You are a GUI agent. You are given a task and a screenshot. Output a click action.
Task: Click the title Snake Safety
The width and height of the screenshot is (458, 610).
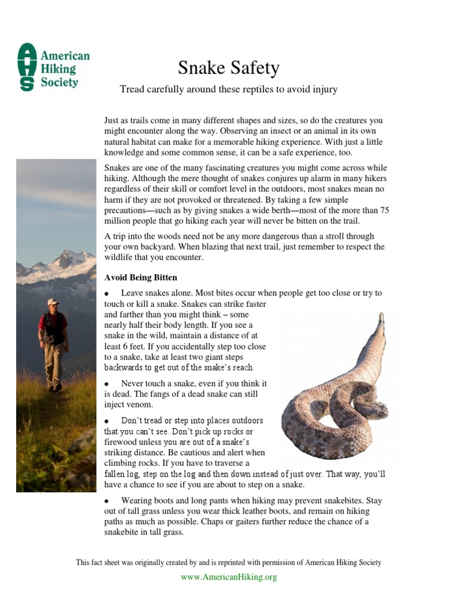[228, 68]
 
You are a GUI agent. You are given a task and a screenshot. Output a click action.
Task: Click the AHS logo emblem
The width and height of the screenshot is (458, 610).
[27, 67]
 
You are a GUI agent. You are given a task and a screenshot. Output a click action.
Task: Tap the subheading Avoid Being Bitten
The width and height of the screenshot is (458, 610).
[141, 278]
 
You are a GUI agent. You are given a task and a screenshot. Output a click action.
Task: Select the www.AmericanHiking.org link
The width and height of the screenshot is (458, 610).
[228, 577]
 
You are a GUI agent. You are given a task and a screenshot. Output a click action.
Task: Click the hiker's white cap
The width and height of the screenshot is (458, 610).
[53, 302]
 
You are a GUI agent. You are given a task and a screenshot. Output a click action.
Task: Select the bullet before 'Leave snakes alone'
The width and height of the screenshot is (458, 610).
[107, 294]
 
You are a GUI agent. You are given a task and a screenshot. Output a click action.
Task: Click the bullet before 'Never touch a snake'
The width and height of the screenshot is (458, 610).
[107, 384]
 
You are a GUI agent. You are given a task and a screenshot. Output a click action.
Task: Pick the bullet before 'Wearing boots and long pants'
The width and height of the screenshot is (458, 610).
[107, 501]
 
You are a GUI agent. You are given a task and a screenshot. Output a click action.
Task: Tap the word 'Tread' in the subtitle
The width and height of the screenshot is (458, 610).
[132, 89]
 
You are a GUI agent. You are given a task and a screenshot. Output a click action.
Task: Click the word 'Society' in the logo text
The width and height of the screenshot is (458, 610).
[59, 82]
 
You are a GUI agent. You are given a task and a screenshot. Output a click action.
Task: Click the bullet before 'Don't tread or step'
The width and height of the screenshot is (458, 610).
[107, 421]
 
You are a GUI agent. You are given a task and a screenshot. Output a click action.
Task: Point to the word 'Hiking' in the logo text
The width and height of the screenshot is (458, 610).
[58, 69]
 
